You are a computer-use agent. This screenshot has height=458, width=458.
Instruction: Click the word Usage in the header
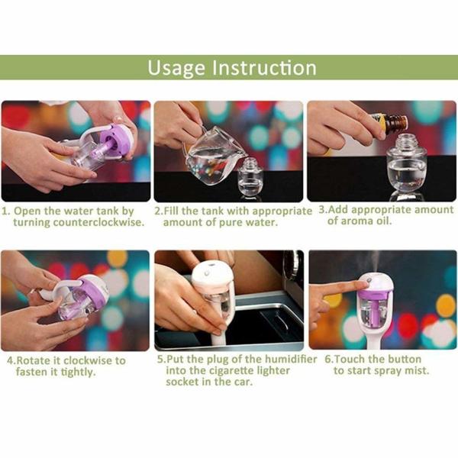(x=176, y=68)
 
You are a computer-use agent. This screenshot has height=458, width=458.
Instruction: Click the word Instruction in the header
(x=264, y=67)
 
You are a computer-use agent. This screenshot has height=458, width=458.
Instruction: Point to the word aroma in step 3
(x=356, y=221)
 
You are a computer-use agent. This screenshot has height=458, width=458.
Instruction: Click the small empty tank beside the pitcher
(x=250, y=177)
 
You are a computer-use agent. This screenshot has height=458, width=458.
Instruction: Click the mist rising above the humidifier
(x=376, y=261)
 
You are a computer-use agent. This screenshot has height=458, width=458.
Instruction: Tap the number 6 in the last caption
(x=327, y=360)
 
